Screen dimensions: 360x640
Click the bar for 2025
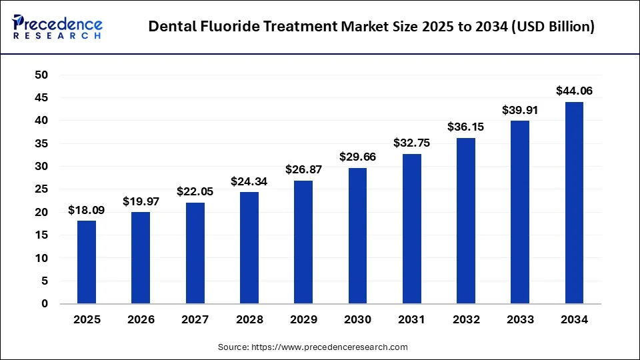(87, 262)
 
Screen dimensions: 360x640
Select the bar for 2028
(249, 247)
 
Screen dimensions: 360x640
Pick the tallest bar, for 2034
(574, 203)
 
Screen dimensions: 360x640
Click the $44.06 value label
(574, 91)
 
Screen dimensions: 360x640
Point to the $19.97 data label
(141, 201)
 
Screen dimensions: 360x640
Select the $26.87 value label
(303, 170)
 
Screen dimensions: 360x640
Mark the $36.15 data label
(466, 127)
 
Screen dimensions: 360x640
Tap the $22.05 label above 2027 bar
(195, 191)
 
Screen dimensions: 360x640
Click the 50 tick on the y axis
(41, 75)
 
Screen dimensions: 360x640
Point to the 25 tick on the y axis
(41, 189)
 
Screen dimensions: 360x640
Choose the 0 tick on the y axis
(45, 304)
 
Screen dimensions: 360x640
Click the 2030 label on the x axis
(357, 320)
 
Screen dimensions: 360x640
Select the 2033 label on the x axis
(520, 320)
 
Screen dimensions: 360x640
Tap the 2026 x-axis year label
(141, 320)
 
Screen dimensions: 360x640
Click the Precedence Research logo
(57, 27)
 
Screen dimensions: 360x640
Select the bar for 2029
(303, 242)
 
